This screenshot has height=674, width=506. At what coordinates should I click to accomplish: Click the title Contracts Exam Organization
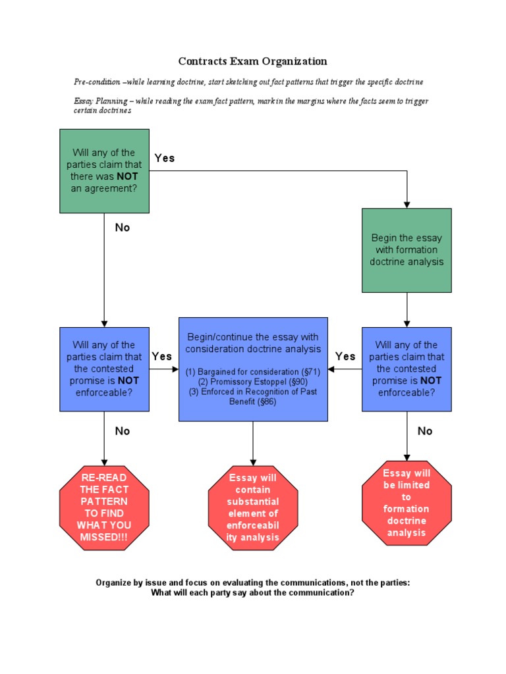tap(252, 61)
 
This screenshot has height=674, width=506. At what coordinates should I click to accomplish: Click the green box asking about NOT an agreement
tap(104, 170)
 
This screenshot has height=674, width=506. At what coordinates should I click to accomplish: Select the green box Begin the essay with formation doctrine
tap(407, 250)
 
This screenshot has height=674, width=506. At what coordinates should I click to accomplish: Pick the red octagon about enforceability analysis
tap(253, 507)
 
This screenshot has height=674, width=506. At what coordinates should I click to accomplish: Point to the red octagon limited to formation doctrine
tap(407, 503)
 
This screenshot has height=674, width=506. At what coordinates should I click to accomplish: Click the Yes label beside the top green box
tap(165, 158)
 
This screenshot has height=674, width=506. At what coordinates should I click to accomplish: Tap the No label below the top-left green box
tap(123, 228)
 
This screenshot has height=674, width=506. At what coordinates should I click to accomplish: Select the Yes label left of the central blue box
tap(162, 356)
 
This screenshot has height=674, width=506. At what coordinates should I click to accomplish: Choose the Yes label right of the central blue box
tap(345, 356)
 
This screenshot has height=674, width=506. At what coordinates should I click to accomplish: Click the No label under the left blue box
tap(123, 431)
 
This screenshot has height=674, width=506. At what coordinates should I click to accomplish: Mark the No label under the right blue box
tap(425, 431)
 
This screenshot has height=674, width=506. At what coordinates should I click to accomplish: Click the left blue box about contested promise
tap(104, 369)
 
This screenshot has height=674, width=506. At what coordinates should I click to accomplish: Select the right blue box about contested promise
tap(407, 369)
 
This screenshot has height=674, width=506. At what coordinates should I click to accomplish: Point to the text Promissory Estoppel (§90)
tap(253, 381)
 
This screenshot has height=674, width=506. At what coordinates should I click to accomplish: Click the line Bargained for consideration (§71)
tap(253, 371)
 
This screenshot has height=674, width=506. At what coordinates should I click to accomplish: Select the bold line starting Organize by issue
tap(253, 583)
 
